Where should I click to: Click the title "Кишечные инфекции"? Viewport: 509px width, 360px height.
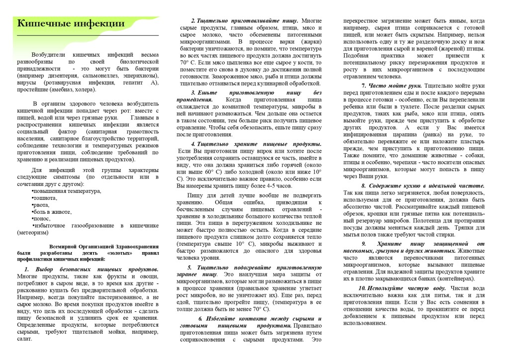tap(71, 23)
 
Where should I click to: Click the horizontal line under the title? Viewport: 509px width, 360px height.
tap(88, 36)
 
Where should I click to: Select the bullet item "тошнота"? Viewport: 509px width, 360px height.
tap(44, 198)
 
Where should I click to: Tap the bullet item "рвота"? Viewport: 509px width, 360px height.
tap(41, 205)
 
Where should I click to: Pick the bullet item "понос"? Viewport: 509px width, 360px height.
tap(42, 218)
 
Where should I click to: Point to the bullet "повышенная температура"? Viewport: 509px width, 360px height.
tap(66, 191)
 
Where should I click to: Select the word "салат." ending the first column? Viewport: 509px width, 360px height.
tap(24, 339)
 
